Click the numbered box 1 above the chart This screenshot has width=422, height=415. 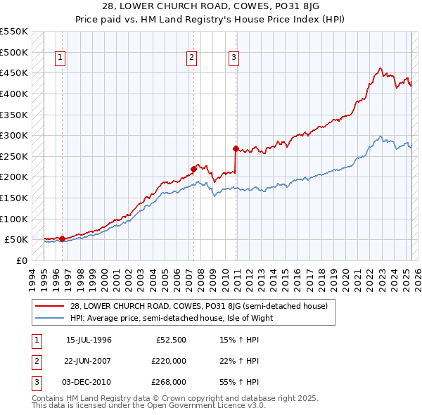[60, 58]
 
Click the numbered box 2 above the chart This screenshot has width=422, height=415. [191, 58]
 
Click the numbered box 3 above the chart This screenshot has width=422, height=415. [233, 58]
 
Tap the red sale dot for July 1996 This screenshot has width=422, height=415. [62, 238]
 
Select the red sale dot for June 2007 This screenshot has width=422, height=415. [193, 169]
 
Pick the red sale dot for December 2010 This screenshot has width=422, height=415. [236, 148]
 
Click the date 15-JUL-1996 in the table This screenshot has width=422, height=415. [89, 340]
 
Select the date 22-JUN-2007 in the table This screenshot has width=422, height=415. [89, 361]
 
